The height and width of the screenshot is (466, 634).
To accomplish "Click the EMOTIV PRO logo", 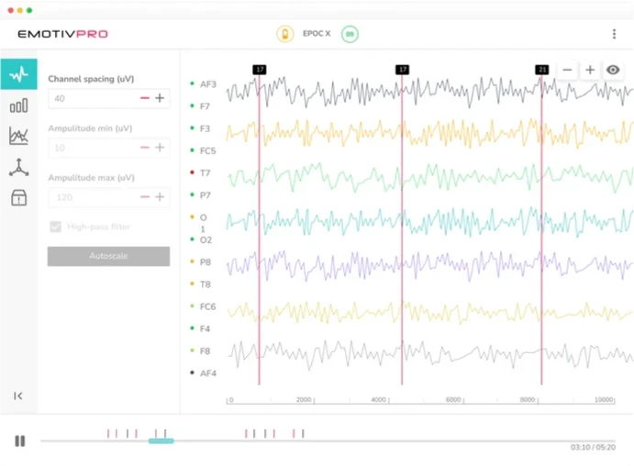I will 62,34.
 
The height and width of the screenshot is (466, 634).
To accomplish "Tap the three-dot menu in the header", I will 614,34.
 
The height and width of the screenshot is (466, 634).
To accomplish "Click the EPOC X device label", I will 317,34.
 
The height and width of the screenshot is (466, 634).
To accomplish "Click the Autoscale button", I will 108,257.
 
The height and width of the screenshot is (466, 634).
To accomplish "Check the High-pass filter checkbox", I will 56,227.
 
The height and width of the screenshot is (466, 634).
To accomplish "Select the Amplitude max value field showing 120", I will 92,197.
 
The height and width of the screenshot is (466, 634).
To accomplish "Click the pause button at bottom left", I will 20,441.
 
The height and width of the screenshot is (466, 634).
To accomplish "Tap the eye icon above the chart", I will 613,70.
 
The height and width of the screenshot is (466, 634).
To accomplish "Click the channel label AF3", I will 207,84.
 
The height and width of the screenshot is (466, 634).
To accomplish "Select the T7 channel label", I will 206,172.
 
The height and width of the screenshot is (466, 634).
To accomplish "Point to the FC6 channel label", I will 207,306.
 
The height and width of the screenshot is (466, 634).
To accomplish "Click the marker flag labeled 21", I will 542,70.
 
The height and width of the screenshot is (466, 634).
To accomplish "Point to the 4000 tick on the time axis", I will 378,401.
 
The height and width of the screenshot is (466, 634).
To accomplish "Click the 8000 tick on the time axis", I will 528,401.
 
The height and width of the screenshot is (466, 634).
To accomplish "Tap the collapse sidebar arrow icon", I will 18,396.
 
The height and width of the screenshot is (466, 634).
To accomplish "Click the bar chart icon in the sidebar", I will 18,105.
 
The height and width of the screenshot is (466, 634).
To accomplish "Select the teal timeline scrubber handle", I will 161,441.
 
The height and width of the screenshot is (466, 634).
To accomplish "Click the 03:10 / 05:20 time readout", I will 593,447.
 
